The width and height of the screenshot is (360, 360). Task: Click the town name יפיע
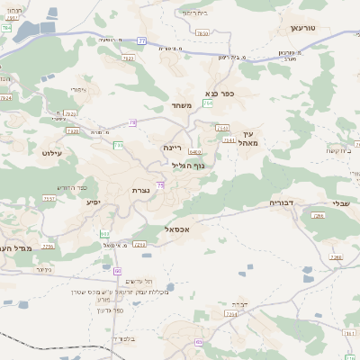point(94,202)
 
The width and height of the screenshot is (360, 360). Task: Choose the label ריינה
point(173,146)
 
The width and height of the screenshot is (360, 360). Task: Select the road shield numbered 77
point(141,40)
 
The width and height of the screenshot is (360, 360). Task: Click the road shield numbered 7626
point(130,58)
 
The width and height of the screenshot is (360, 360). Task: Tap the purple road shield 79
point(132,122)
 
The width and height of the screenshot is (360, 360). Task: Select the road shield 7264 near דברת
point(230,314)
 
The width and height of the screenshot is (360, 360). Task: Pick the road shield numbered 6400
point(194,152)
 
